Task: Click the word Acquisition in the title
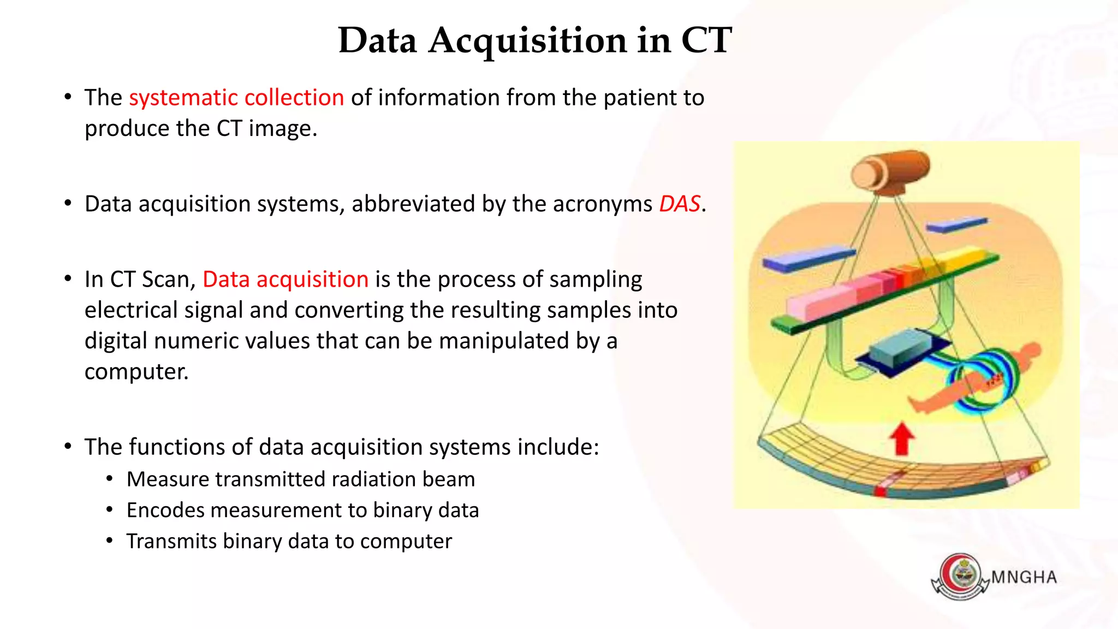click(527, 41)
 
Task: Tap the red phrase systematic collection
click(236, 98)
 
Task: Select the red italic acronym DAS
click(679, 204)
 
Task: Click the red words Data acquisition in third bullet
click(286, 279)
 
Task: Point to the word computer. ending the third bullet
click(136, 371)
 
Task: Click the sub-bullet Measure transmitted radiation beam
click(300, 479)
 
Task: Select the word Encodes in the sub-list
click(165, 510)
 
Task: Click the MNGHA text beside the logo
click(1024, 577)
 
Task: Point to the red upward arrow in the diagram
click(901, 440)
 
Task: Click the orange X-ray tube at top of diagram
click(890, 171)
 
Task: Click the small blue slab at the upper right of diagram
click(956, 224)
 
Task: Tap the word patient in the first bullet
click(639, 98)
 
